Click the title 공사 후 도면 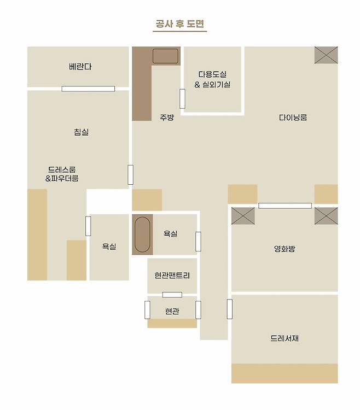pos(180,24)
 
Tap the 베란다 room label pos(80,67)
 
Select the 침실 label pos(82,132)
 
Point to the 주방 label pos(167,117)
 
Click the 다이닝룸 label pos(293,118)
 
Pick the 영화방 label pos(284,248)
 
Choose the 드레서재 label pos(284,338)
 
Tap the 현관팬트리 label pos(172,276)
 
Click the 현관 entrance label pos(172,311)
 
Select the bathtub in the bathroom pos(142,235)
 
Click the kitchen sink pos(165,56)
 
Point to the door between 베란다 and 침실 pos(88,89)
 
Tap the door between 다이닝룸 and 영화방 pos(285,206)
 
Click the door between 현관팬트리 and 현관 pos(172,295)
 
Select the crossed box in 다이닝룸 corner pos(326,55)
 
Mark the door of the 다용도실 pos(182,98)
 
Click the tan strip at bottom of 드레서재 pos(284,373)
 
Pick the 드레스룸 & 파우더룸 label pos(62,174)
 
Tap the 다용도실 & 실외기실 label pos(212,79)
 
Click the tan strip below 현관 pos(172,323)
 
